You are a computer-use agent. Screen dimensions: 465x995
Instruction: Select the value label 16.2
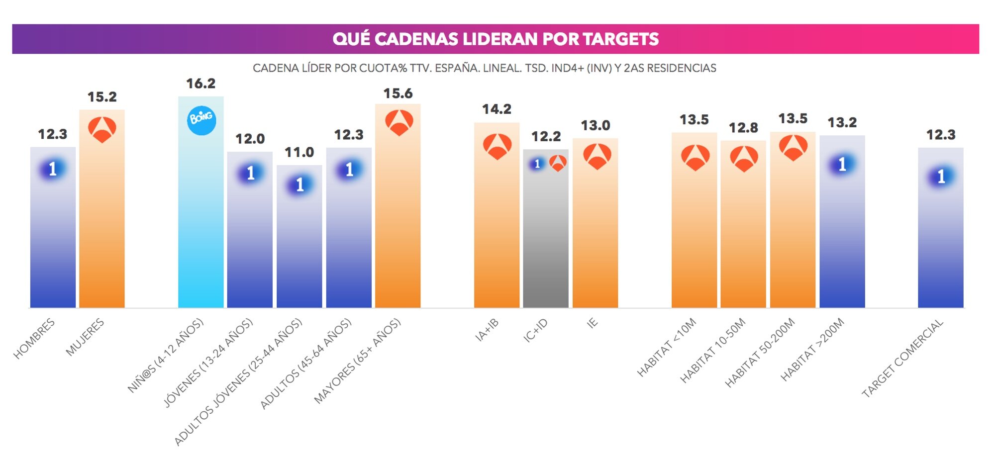(201, 84)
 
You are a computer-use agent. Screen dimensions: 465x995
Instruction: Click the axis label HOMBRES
(34, 339)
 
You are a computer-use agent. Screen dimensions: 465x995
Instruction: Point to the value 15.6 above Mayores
(398, 93)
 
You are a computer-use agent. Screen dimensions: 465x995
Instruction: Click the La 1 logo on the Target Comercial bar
(940, 177)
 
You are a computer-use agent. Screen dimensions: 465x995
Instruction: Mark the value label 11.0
(299, 152)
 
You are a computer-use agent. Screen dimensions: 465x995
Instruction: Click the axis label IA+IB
(487, 330)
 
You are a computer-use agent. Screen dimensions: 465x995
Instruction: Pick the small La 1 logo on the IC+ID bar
(537, 164)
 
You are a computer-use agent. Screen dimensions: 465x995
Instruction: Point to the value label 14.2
(497, 109)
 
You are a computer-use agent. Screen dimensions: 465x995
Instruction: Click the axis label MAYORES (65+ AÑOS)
(357, 361)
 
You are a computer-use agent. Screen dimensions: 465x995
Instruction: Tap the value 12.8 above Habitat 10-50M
(743, 128)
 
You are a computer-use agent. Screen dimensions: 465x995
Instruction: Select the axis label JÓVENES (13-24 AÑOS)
(208, 363)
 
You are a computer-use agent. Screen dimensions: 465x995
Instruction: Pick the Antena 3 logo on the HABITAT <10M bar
(695, 157)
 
